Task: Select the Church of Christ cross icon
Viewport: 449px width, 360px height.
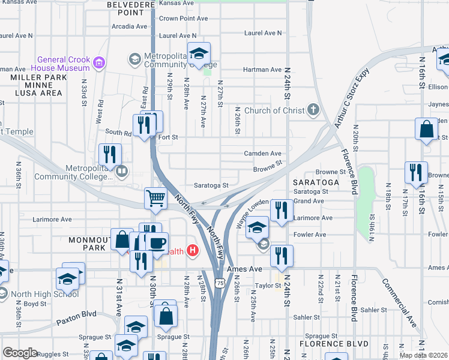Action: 312,110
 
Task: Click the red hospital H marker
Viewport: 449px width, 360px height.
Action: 192,250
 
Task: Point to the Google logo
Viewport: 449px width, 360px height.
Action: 20,353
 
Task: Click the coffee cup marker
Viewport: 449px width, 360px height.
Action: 158,242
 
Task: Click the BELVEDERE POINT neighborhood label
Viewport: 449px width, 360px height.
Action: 127,8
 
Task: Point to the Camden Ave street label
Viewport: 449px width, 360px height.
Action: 262,154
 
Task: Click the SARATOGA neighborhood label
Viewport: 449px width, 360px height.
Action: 312,181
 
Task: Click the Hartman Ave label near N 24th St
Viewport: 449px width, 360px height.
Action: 262,70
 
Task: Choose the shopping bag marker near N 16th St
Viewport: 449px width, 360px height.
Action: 426,130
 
